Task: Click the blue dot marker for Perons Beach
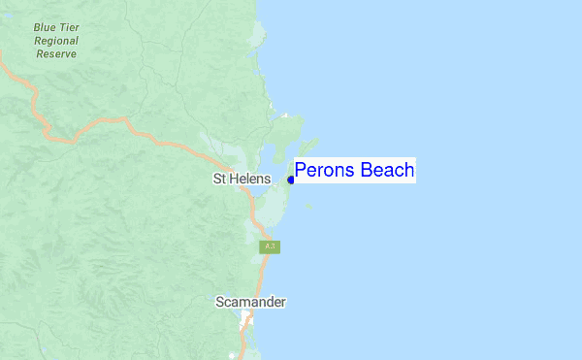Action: (x=291, y=180)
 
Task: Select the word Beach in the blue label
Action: (x=387, y=171)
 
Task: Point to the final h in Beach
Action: (x=409, y=171)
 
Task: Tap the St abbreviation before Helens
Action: (x=219, y=180)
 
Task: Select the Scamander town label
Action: (x=250, y=302)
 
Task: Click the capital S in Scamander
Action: (x=219, y=302)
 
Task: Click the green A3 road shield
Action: (x=270, y=247)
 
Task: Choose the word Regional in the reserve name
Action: (x=56, y=42)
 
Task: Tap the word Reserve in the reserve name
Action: (x=56, y=54)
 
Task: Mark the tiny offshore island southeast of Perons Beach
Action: (x=309, y=205)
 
